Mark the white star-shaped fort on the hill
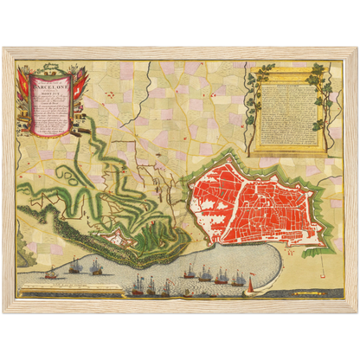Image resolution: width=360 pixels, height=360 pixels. click(112, 235)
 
